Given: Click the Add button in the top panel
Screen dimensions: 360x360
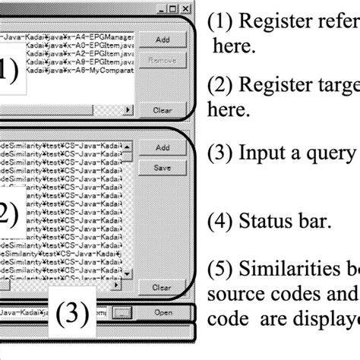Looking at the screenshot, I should pos(161,38).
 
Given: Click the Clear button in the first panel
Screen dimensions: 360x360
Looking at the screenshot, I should pos(161,109).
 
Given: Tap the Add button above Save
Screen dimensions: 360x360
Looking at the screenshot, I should pos(161,147).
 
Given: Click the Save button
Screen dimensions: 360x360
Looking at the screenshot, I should pos(161,167).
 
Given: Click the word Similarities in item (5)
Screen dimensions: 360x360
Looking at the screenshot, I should pos(284,270).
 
